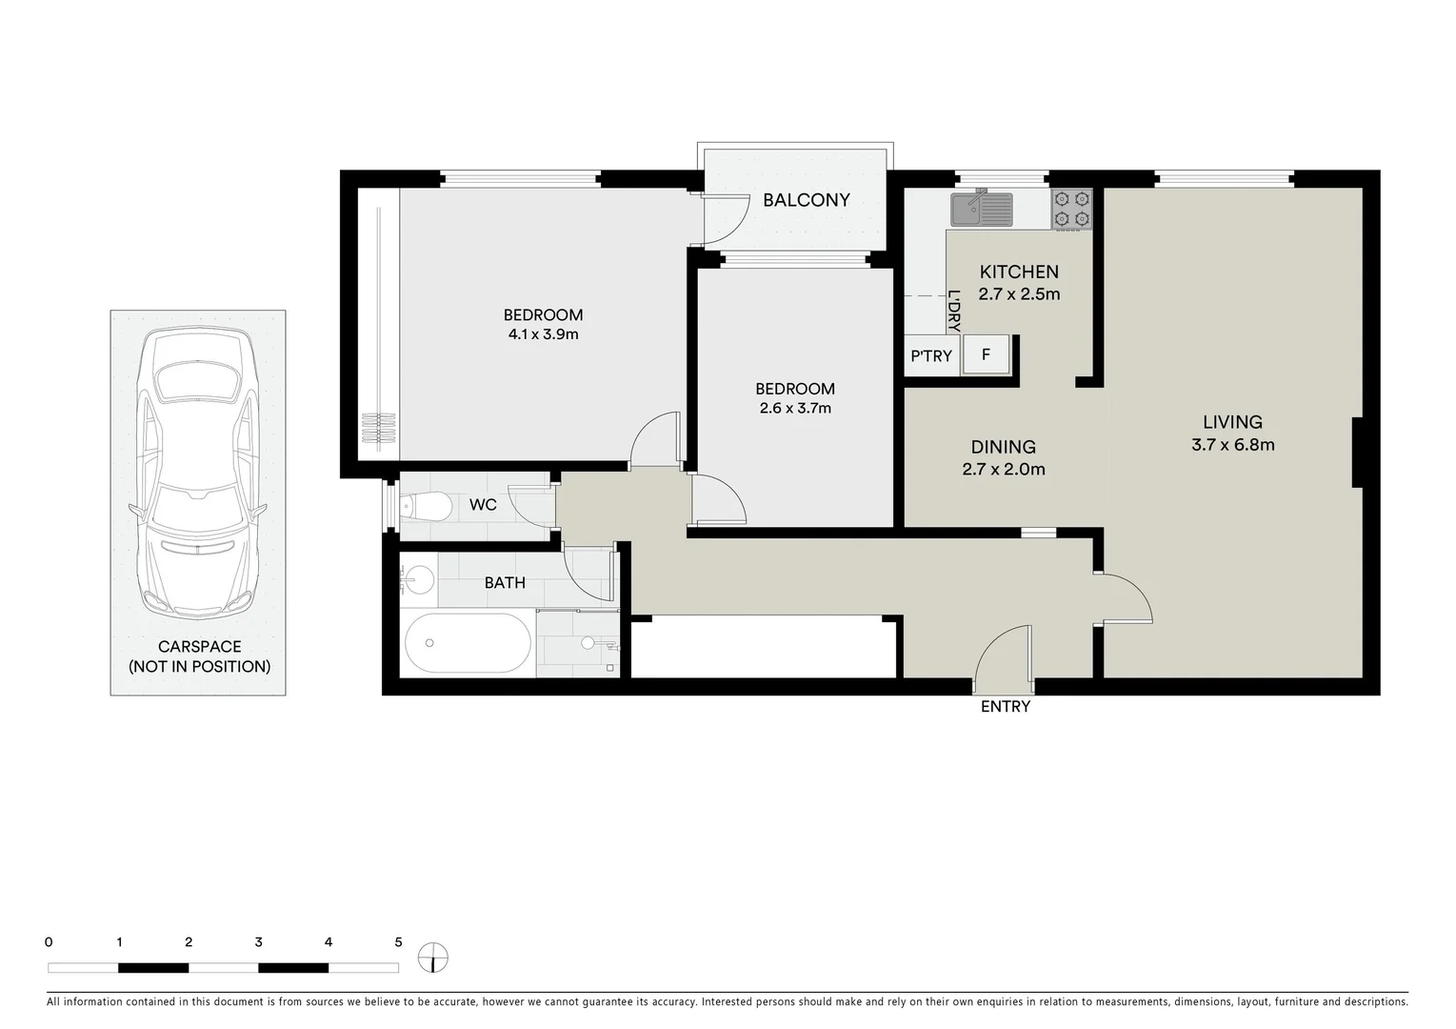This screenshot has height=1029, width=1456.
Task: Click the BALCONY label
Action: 806,200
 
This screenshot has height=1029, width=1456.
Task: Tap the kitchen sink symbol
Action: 981,208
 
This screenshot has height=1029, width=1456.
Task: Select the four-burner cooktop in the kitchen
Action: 1071,210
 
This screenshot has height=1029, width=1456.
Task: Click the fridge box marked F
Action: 986,355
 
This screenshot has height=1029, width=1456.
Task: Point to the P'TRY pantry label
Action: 930,356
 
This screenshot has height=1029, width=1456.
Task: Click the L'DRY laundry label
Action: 953,311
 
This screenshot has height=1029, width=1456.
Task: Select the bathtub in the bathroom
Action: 467,643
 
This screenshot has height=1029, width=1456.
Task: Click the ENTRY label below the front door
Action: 1005,707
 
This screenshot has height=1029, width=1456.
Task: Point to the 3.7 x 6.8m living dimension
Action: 1232,445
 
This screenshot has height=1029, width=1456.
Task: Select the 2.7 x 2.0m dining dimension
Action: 1004,470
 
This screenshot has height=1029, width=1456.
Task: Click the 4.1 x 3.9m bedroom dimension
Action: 543,335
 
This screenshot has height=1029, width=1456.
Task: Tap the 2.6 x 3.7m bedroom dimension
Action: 795,409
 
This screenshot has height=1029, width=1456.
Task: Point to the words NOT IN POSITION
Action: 199,667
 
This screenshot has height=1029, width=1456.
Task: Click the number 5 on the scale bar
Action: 398,942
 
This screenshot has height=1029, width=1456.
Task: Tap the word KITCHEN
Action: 1018,272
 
